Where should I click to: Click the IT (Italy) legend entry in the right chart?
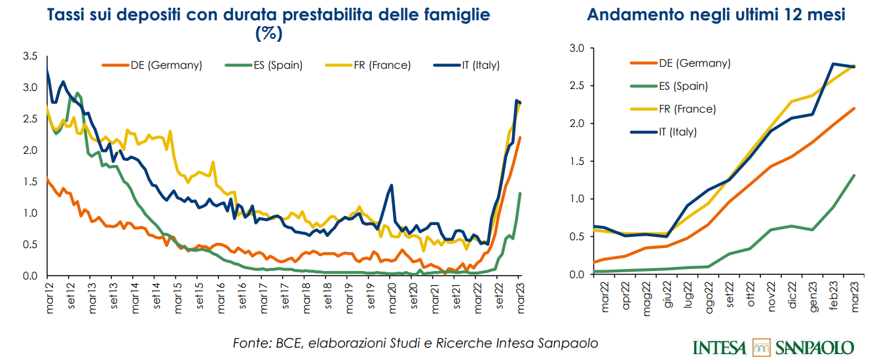678,132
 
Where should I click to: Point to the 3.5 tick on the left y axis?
29,56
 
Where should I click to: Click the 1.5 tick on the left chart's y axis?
29,181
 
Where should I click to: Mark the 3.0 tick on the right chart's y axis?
576,48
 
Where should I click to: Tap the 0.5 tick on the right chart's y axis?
576,236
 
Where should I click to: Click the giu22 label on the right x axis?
667,298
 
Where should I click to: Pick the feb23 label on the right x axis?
834,298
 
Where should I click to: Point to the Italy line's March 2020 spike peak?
391,185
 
